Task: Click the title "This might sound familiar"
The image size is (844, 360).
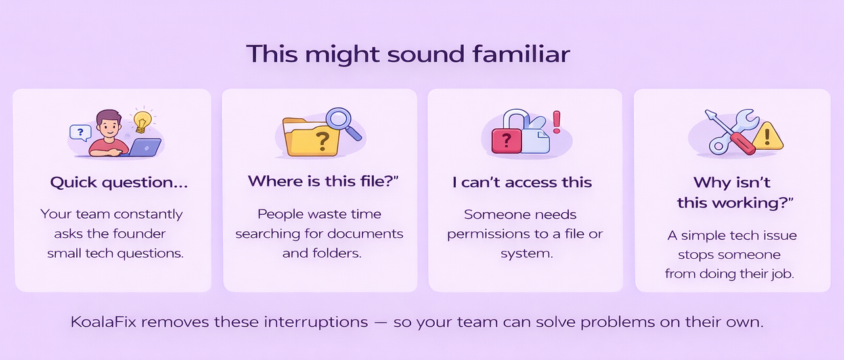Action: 408,54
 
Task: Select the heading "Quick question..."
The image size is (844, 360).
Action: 119,183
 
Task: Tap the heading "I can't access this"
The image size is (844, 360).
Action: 522,183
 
